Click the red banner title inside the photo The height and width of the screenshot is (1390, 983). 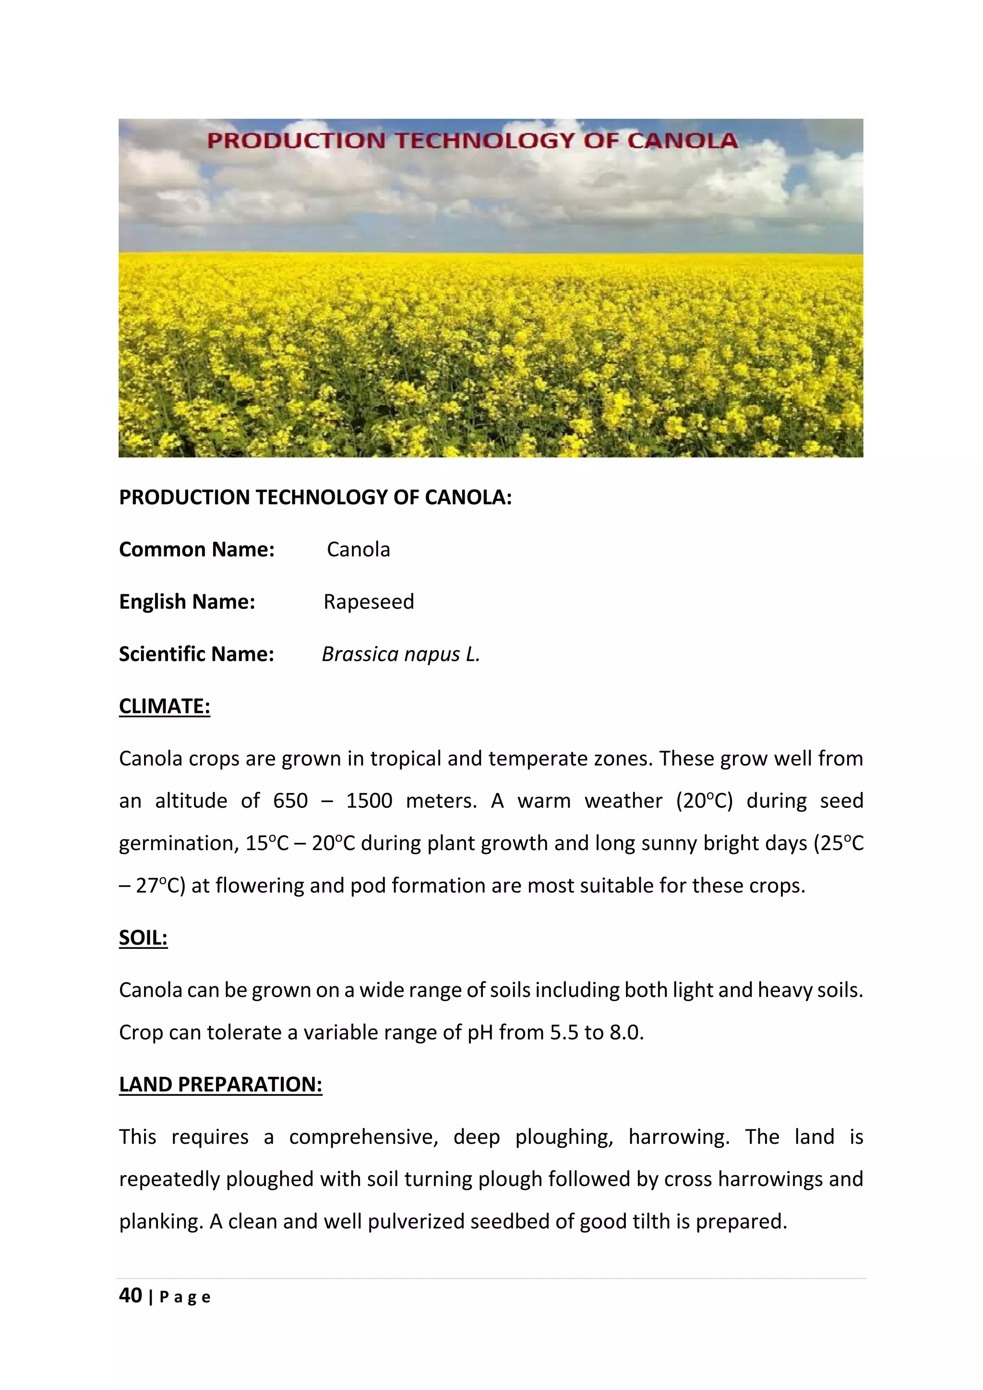tap(472, 141)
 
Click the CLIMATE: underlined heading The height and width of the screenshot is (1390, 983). tap(164, 707)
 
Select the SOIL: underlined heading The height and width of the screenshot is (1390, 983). tap(143, 938)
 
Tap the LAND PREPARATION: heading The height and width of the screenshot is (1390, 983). tap(220, 1084)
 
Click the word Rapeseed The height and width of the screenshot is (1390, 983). tap(369, 602)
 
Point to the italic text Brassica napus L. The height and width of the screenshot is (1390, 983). tap(400, 654)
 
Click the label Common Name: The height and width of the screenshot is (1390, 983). tap(197, 550)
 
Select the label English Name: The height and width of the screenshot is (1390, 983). tap(187, 602)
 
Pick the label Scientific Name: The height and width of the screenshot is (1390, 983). tap(196, 654)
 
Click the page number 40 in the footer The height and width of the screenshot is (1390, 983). tap(131, 1295)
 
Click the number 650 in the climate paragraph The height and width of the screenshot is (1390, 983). tap(290, 801)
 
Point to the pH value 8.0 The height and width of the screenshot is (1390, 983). tap(625, 1032)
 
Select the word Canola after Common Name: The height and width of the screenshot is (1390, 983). tap(359, 550)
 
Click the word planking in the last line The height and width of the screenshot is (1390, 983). tap(160, 1222)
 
